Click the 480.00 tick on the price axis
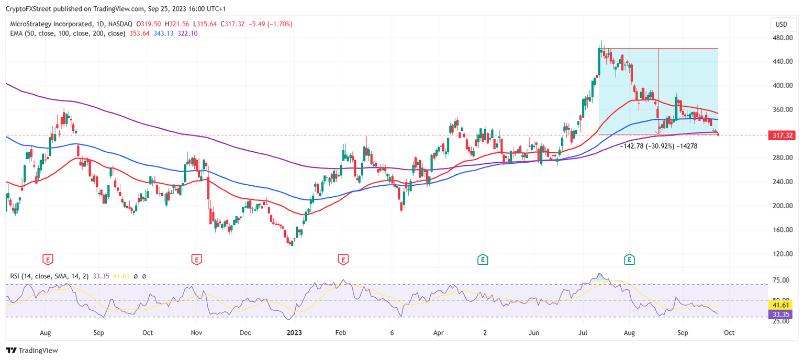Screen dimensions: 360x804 (781, 38)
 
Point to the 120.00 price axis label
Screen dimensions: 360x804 (781, 254)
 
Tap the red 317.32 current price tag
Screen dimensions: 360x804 (783, 136)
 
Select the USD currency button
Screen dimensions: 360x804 (781, 24)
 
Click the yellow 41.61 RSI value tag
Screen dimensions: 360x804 (783, 305)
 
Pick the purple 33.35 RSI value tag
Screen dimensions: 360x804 (783, 314)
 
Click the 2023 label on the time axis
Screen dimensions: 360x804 (294, 332)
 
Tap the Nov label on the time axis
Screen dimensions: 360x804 (196, 332)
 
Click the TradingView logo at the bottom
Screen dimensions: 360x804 (32, 351)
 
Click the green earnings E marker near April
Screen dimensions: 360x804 (483, 259)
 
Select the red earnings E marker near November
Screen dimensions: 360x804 (196, 259)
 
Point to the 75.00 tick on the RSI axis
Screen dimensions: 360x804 (781, 280)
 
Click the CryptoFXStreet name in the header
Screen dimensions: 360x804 (27, 8)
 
